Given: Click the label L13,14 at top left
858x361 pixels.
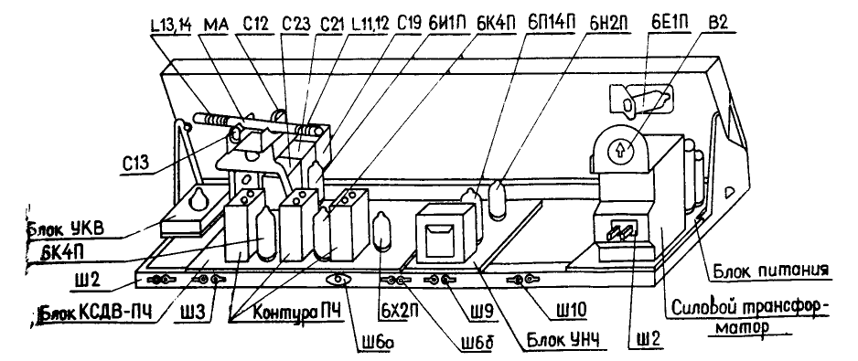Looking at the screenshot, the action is coord(168,24).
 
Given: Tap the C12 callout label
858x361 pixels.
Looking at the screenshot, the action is coord(247,24).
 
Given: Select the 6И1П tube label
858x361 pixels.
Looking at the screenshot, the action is coord(448,24).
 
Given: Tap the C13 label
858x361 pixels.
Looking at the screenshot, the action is coord(137,165).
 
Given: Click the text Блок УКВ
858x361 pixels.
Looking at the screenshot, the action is coord(62,228).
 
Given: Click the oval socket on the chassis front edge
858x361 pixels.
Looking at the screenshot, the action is coord(338,280).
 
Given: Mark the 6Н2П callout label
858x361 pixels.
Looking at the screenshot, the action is coord(608,24).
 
